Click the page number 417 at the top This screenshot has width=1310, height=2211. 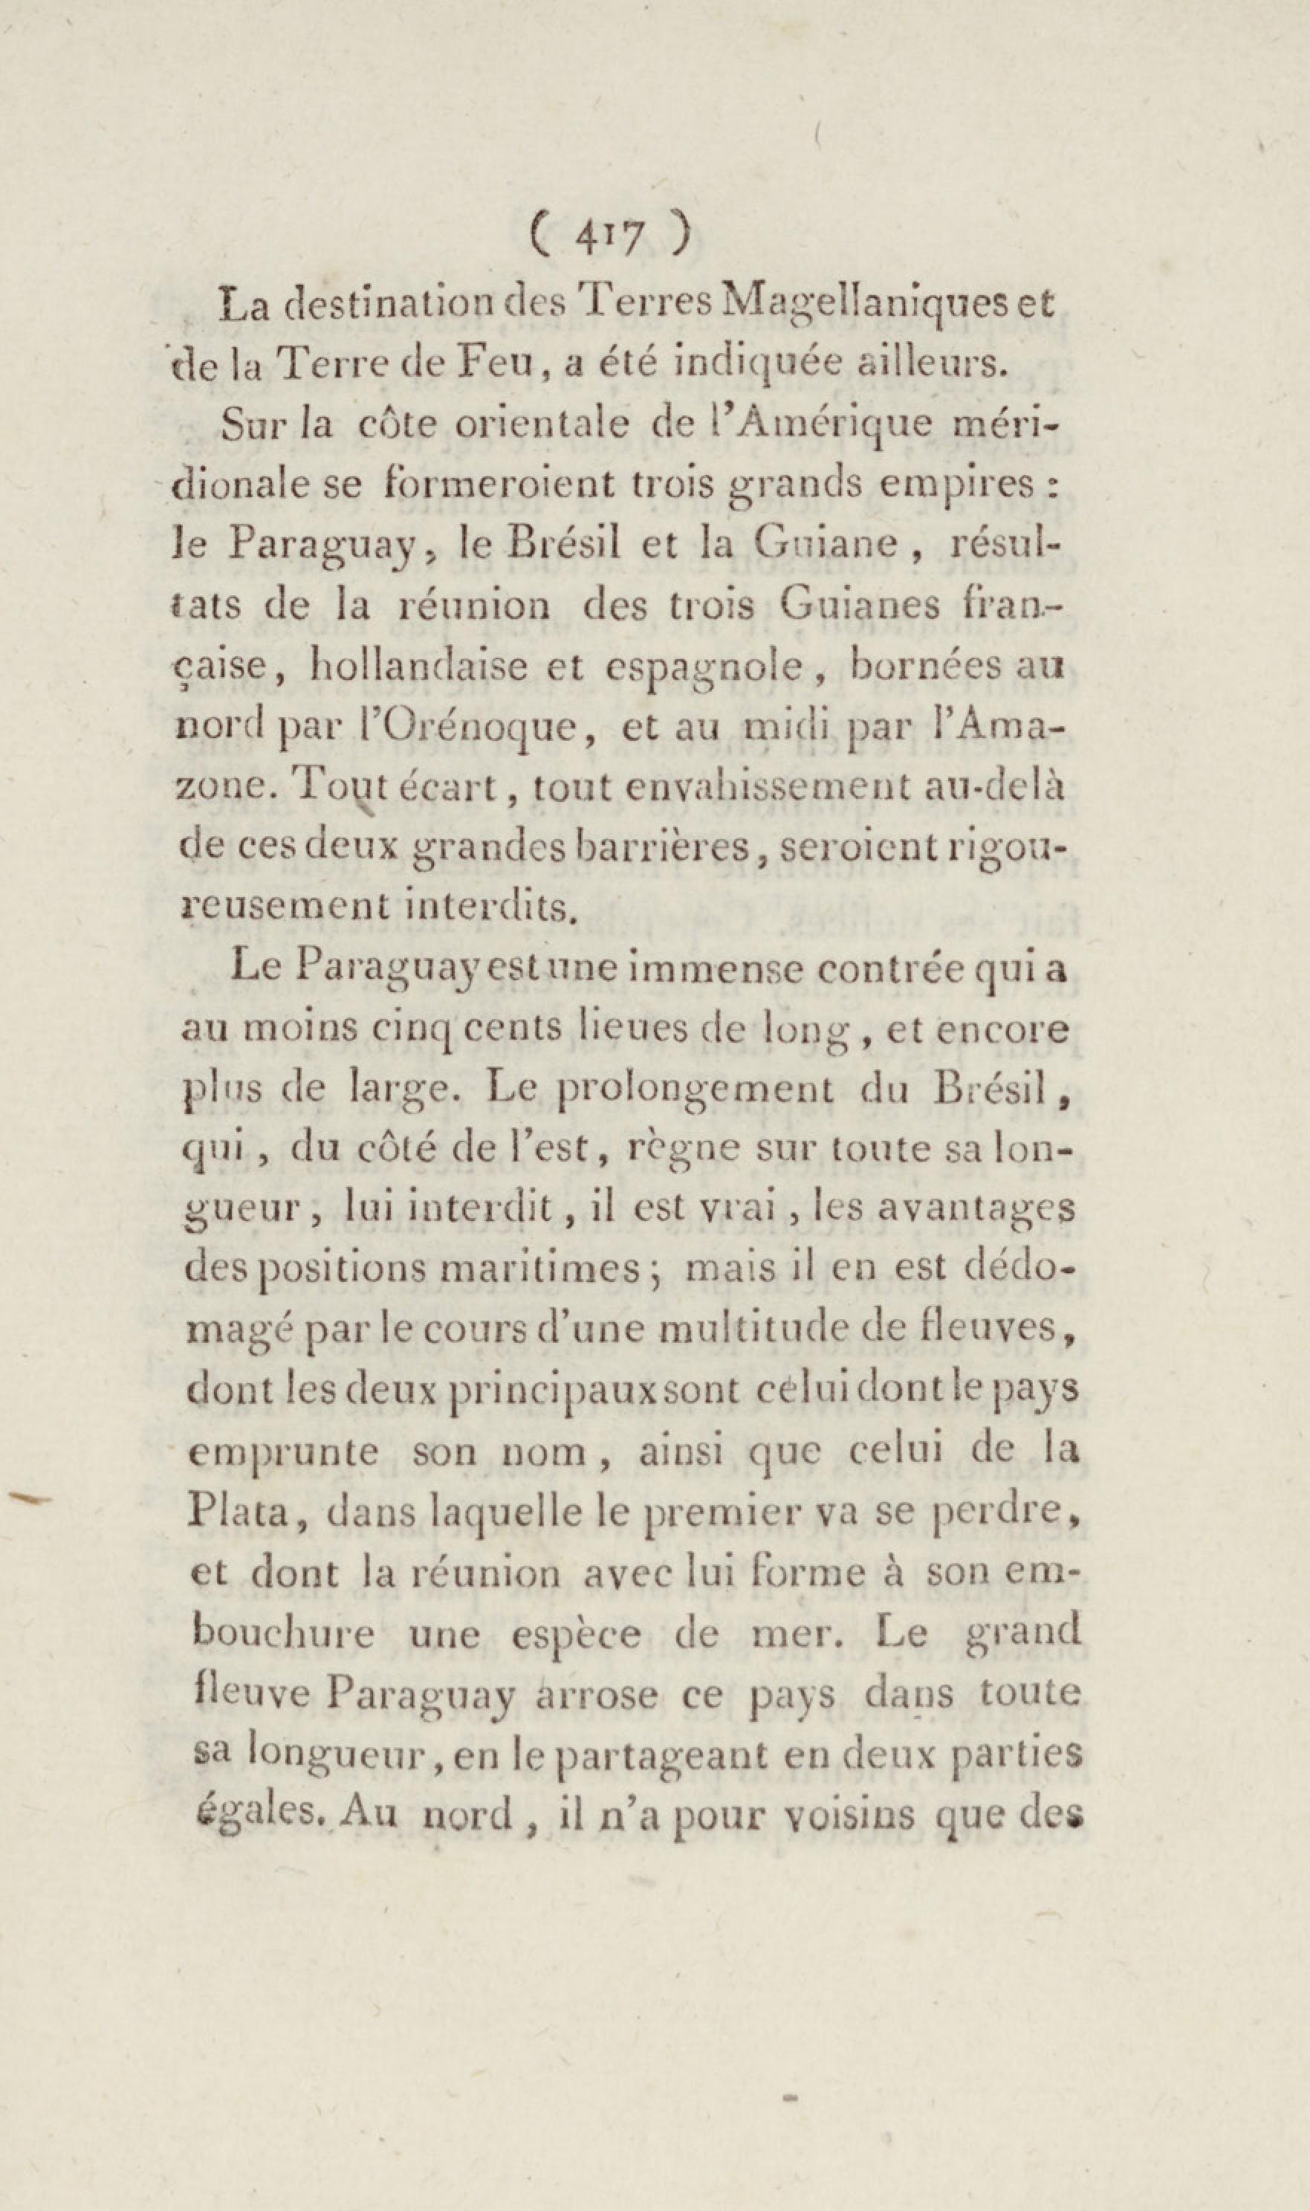[x=609, y=237]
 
